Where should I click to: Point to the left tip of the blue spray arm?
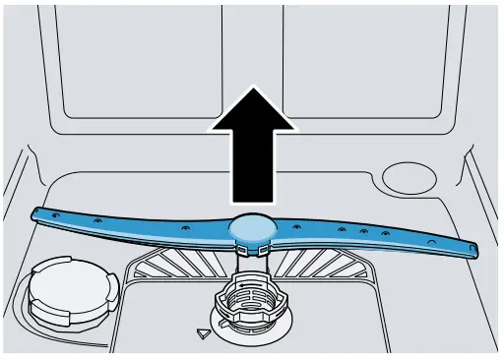tap(36, 211)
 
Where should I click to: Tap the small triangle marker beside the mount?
tap(204, 333)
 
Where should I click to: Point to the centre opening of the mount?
tap(252, 301)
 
